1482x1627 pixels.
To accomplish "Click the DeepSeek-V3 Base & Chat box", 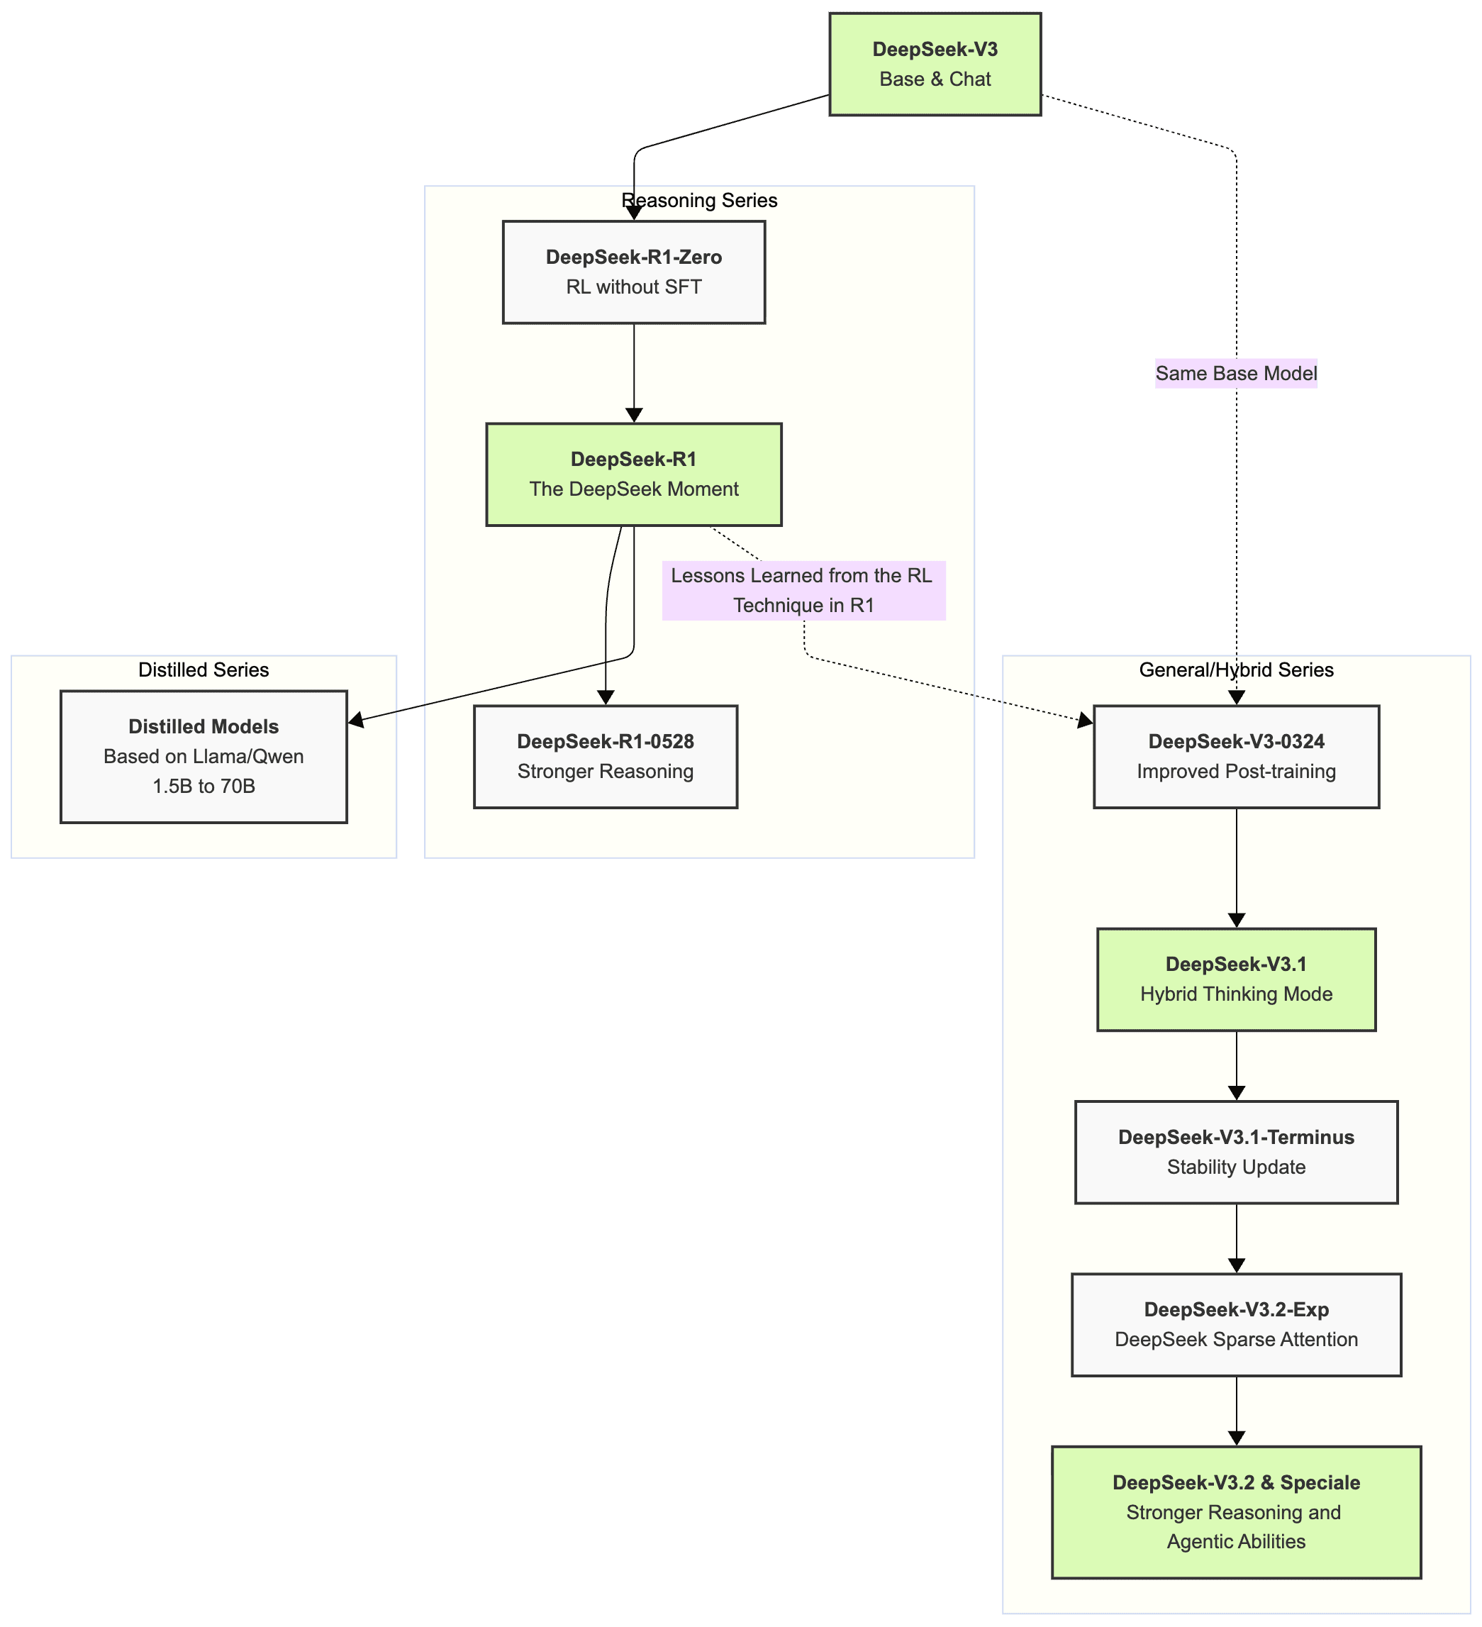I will click(935, 65).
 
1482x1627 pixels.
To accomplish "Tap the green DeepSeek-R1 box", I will click(633, 474).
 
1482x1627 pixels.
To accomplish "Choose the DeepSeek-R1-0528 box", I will click(605, 757).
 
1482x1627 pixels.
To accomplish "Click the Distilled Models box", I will click(204, 756).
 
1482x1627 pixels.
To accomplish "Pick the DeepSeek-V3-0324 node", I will click(1236, 757).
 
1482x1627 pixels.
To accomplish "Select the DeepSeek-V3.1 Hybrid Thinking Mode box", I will click(1236, 979).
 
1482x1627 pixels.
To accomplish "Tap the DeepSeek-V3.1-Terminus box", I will click(1236, 1152).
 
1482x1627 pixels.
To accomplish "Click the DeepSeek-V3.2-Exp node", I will click(1236, 1324).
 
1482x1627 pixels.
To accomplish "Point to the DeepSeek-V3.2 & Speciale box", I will click(1236, 1511).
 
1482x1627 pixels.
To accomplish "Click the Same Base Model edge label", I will click(1236, 374).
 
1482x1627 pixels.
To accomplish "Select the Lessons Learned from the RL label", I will click(803, 591).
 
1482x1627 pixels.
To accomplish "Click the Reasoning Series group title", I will click(699, 200).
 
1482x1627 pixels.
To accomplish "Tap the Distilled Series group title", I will click(204, 670).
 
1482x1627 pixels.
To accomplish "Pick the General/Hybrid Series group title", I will click(1236, 670).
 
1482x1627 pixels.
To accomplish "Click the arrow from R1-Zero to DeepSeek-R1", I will click(634, 371).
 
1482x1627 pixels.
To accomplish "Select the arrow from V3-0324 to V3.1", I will click(1237, 867).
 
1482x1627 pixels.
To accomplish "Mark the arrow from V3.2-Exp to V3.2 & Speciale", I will click(1237, 1411).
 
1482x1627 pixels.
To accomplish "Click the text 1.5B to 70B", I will click(204, 786).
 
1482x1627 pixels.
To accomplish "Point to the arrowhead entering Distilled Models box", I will click(356, 720).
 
